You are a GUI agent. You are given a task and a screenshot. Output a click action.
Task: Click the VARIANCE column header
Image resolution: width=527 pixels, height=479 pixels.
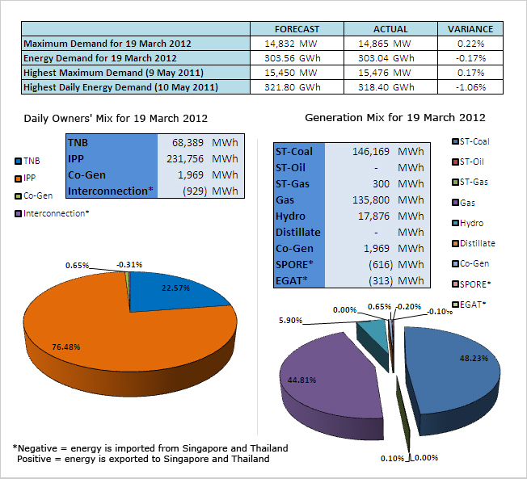pos(470,29)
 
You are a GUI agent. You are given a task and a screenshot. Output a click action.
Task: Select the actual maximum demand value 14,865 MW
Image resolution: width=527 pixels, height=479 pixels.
pos(384,44)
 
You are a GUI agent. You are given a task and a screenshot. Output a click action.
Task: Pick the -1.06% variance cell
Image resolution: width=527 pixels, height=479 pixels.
pos(470,87)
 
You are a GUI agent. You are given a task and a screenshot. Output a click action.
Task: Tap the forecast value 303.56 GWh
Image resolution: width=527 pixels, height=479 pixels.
pos(292,58)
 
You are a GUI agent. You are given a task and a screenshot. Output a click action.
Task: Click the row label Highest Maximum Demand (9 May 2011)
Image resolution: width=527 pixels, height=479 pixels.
pos(113,73)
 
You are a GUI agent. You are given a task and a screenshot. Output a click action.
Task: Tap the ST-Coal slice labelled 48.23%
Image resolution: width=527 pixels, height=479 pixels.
pos(453,373)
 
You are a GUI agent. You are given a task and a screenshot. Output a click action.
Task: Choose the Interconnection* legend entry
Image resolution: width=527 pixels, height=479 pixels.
pos(52,213)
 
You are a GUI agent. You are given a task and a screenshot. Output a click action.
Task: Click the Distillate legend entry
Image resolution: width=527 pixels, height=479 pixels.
pos(474,243)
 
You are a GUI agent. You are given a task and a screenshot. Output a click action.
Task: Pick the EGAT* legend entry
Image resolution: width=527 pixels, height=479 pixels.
pos(469,305)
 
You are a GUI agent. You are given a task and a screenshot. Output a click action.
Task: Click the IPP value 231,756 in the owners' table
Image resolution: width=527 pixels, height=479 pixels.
pos(185,158)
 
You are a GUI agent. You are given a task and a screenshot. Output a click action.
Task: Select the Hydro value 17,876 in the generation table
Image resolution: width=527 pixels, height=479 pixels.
pos(373,216)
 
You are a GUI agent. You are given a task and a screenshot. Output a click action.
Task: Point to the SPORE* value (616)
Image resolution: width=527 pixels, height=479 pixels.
pos(381,265)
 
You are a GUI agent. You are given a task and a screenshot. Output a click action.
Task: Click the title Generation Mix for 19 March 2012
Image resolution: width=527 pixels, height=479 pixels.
pos(395,118)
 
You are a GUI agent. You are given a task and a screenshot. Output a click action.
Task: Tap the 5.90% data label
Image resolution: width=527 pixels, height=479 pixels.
pos(290,321)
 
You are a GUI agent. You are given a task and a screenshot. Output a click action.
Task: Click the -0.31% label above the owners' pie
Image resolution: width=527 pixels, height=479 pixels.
pos(129,265)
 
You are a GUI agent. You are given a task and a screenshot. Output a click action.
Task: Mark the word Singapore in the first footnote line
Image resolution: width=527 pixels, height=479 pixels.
pos(204,448)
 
